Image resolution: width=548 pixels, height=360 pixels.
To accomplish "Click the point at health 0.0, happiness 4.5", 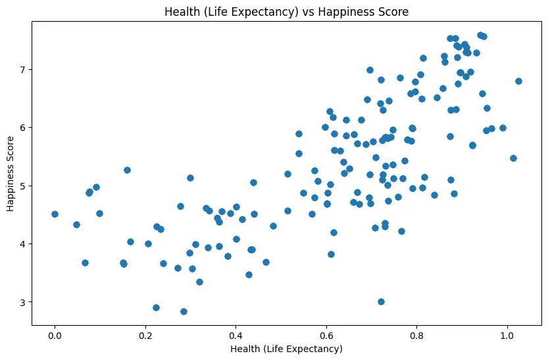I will click(x=55, y=214).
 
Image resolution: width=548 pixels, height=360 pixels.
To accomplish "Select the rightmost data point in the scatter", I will click(x=518, y=81).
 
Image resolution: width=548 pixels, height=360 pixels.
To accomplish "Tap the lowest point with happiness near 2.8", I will click(x=184, y=311).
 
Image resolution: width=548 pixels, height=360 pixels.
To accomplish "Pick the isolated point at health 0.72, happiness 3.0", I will click(x=381, y=301).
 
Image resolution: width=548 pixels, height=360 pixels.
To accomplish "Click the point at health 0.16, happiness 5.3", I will click(x=127, y=170).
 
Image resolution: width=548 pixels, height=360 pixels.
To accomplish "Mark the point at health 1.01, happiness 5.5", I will click(x=513, y=158).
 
